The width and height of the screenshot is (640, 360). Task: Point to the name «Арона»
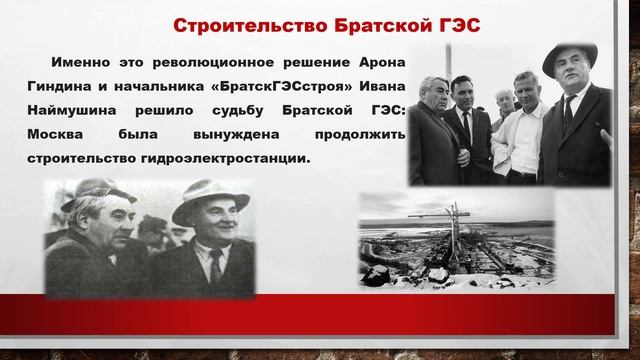click(381, 63)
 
